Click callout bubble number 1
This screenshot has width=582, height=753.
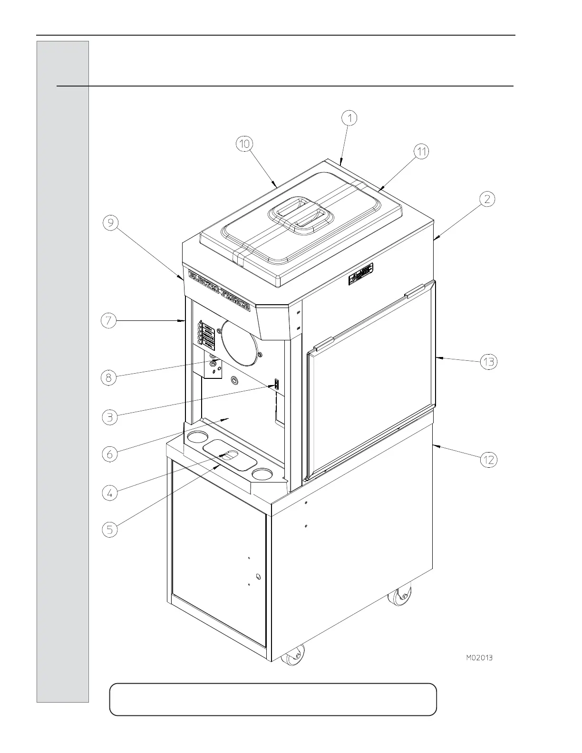349,117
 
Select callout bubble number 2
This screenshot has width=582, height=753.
487,199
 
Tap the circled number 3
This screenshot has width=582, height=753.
110,417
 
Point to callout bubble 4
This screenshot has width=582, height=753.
110,493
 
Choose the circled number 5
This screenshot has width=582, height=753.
110,530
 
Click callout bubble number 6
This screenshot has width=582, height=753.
110,454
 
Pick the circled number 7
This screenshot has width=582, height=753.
109,321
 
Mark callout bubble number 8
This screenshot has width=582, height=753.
109,377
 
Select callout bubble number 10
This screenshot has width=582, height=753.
245,144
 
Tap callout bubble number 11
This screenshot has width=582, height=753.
421,152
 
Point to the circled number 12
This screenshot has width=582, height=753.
489,460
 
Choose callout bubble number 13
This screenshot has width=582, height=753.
489,362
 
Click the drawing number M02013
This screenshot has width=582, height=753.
479,658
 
